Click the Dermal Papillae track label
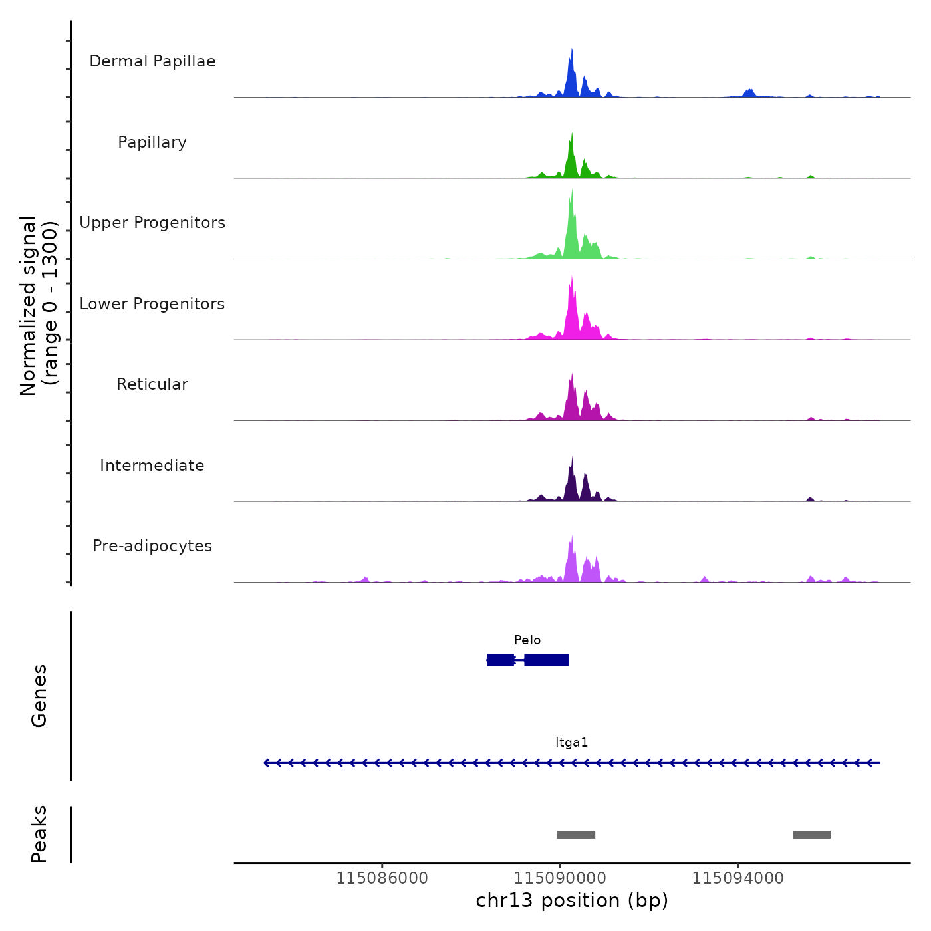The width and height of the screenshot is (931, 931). point(152,61)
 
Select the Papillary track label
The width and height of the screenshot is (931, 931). point(152,142)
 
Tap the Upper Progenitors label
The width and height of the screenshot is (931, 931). point(152,223)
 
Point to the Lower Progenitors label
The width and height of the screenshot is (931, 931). point(152,304)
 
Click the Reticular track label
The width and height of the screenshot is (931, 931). point(152,384)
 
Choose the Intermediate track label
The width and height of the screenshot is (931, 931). point(152,465)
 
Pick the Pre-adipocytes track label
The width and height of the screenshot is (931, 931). point(152,546)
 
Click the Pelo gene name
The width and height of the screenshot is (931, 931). point(527,640)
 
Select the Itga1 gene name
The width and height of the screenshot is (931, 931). point(572,743)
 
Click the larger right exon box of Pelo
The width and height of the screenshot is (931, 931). point(547,660)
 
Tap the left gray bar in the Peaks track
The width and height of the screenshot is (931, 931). point(576,835)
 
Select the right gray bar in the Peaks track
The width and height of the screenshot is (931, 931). point(811,835)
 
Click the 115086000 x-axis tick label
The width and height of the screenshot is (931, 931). point(382,878)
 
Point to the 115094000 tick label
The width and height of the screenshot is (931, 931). point(737,878)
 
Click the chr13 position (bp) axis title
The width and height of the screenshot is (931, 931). point(572,900)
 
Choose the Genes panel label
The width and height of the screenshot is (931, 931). point(39,696)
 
